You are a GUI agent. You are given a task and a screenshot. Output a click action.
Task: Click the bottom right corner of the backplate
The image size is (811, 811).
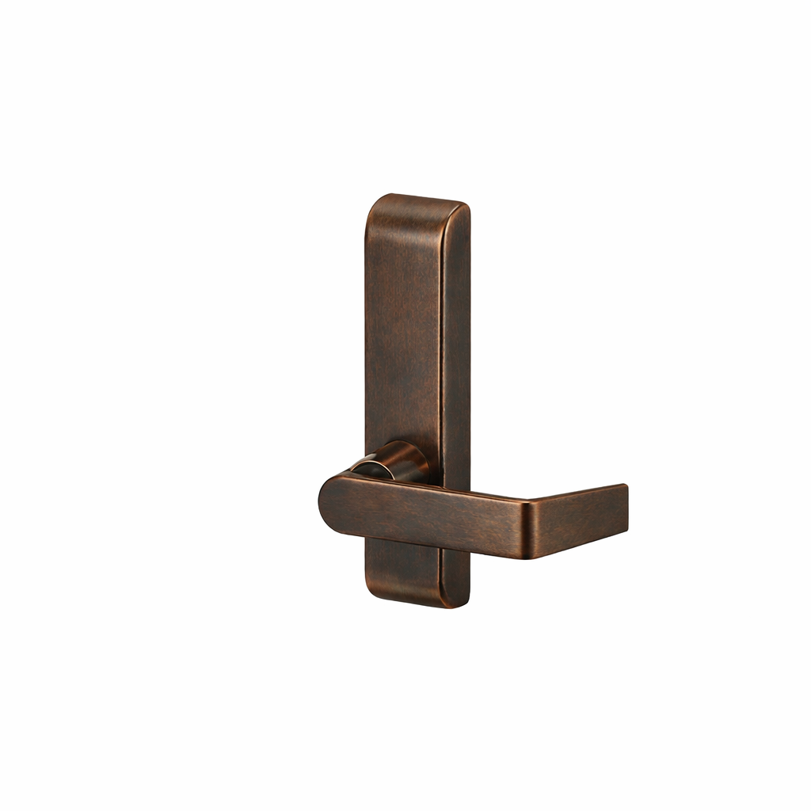tap(466, 603)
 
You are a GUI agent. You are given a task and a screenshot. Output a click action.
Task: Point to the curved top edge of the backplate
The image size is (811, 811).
tap(416, 198)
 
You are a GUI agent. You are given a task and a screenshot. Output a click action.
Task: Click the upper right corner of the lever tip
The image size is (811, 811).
tap(626, 486)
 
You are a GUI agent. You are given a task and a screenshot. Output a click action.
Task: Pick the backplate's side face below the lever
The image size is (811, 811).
tap(456, 578)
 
